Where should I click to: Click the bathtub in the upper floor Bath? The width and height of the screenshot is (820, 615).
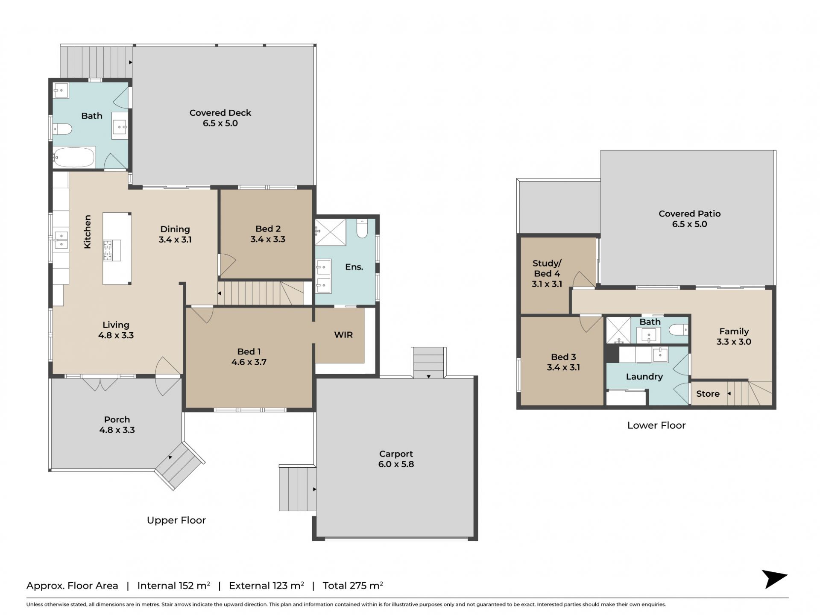[x=74, y=157]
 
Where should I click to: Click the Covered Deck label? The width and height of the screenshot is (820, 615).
[x=220, y=113]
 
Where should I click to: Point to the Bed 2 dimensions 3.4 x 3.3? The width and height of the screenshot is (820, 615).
[x=268, y=239]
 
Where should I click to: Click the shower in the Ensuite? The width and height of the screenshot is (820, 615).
[x=331, y=232]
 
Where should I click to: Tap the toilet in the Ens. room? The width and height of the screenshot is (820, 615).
[x=362, y=228]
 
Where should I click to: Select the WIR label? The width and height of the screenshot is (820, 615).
[x=343, y=335]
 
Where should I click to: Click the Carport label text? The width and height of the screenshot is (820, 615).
[x=396, y=454]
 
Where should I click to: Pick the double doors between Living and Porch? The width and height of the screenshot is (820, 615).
[x=100, y=384]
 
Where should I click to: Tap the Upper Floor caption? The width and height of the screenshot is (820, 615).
[x=176, y=520]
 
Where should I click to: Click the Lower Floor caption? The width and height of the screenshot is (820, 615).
[x=656, y=425]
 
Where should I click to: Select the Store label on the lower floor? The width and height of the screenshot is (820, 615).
[x=708, y=394]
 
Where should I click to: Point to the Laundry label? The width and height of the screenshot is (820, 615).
[x=644, y=377]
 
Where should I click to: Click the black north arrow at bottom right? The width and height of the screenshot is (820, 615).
[x=775, y=579]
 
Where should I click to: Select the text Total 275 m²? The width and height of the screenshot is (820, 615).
[x=353, y=586]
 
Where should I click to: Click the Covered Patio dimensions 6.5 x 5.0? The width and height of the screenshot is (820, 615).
[x=689, y=224]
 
